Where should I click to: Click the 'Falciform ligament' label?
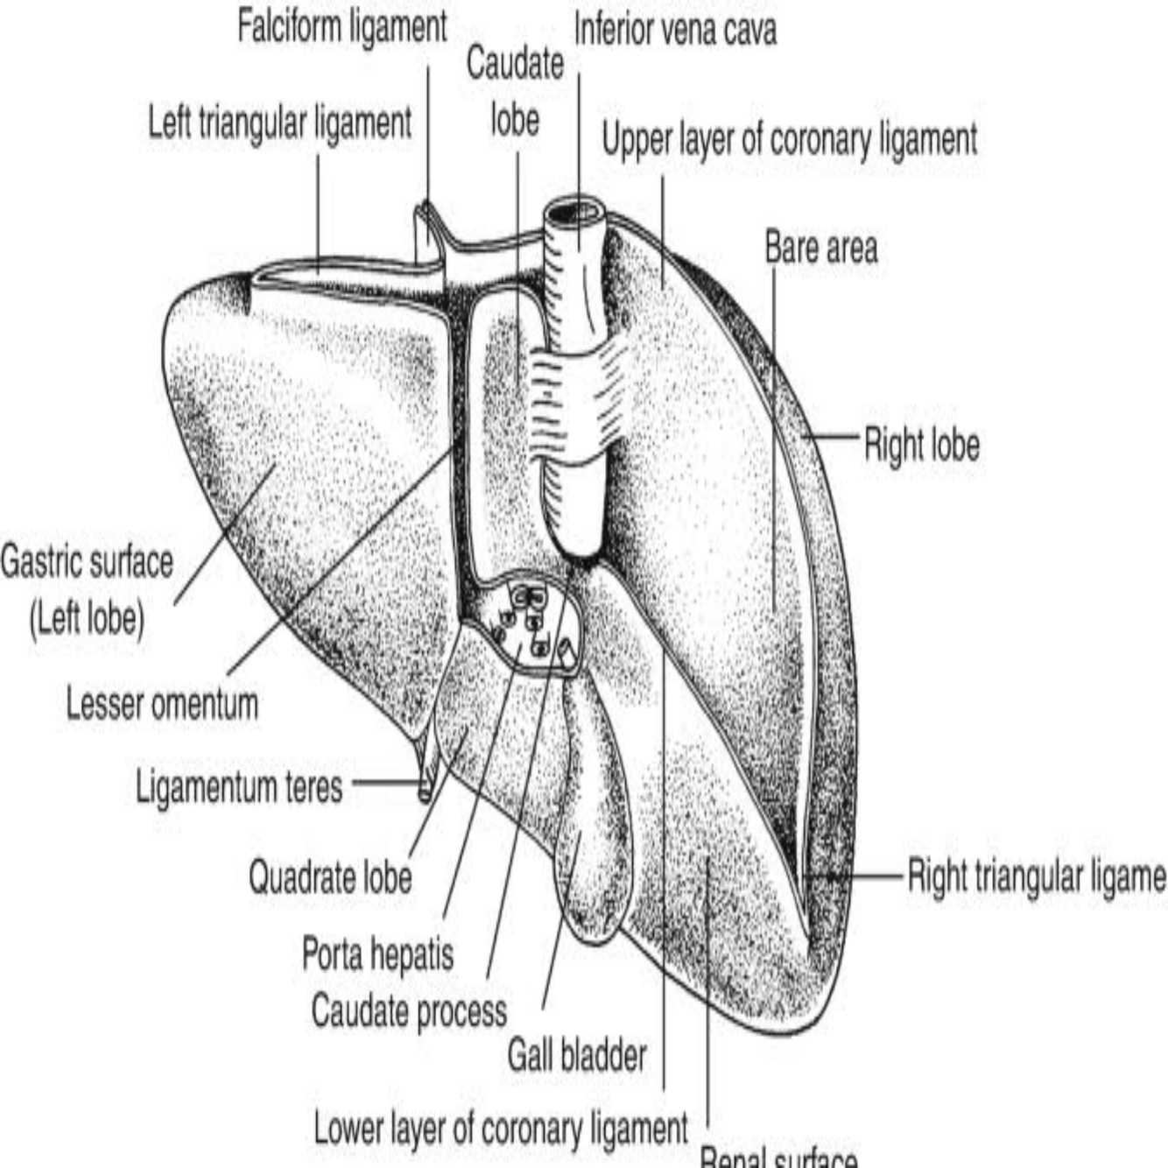[x=342, y=27]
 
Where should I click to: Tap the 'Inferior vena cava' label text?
[x=674, y=31]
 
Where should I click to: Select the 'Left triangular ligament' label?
[x=279, y=123]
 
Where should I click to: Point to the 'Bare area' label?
[x=820, y=248]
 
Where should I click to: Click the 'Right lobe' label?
[x=921, y=445]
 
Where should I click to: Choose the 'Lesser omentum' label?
[x=163, y=704]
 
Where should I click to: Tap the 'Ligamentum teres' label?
[x=239, y=786]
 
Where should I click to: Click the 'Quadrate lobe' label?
[x=330, y=876]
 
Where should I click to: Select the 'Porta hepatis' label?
[x=378, y=953]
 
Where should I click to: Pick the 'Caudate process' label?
[x=409, y=1011]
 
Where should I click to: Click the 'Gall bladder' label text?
[x=577, y=1055]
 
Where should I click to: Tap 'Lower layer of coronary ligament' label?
[x=501, y=1129]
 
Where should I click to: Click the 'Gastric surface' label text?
[x=88, y=562]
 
